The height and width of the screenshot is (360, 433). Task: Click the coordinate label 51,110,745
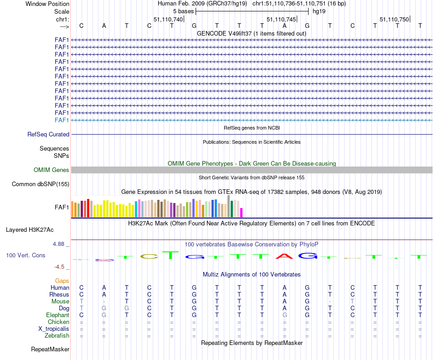[281, 19]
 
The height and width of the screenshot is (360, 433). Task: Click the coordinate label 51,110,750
[394, 19]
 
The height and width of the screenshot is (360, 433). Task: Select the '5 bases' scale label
[183, 11]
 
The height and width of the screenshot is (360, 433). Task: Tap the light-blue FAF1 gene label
[62, 120]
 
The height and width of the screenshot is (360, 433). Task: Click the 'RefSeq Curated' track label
[48, 135]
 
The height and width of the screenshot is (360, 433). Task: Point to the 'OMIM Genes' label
[52, 170]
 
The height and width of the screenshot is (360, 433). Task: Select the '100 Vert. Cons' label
[26, 256]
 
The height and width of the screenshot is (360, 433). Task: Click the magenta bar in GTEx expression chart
[242, 213]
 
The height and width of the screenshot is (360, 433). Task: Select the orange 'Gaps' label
[62, 281]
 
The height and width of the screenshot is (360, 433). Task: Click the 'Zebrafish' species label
[57, 336]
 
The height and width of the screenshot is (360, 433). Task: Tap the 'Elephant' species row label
[57, 315]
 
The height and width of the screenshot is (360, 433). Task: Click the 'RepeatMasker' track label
[50, 350]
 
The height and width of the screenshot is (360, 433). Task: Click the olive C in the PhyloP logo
[149, 256]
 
